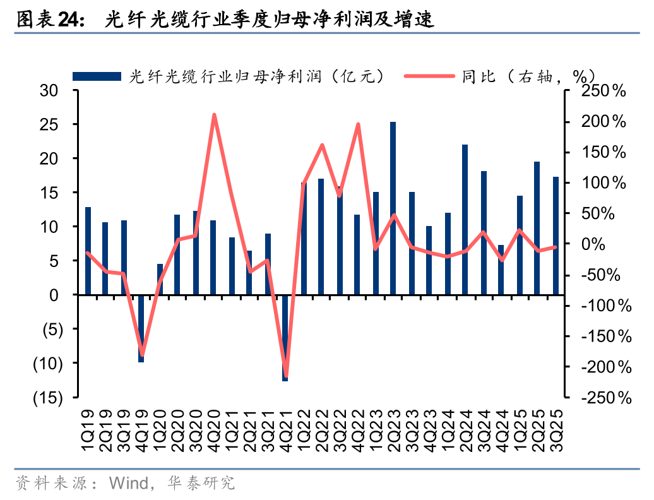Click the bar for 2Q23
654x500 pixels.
coord(393,208)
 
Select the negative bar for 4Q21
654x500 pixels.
coord(285,338)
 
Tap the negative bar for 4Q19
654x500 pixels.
coord(141,328)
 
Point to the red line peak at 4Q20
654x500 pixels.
coord(214,115)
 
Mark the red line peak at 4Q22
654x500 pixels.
coord(358,124)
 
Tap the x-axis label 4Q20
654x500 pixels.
coord(215,430)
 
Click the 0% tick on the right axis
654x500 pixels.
coord(610,244)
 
